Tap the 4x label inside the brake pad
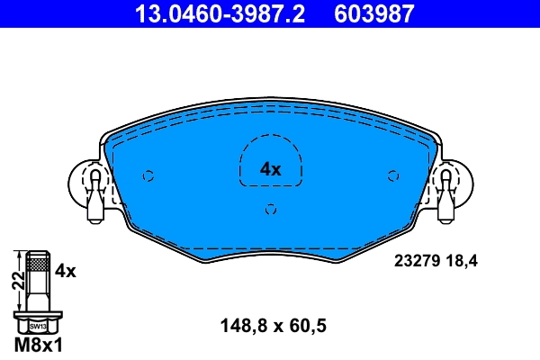271,168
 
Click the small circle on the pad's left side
149,175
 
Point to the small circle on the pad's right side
392,175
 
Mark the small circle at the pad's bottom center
271,210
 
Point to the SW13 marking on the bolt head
37,325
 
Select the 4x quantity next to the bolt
66,269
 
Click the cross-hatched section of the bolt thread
37,264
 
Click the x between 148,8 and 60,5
274,328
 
